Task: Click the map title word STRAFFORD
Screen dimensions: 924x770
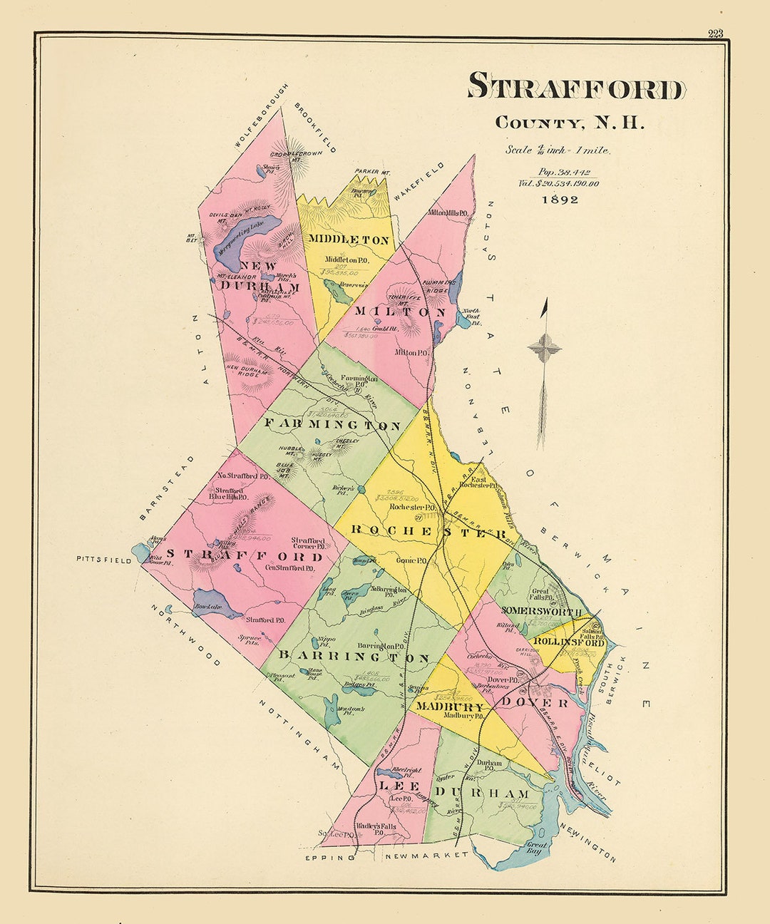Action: [576, 88]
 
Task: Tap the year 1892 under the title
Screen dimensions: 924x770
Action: [559, 200]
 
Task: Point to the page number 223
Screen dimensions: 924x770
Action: [715, 34]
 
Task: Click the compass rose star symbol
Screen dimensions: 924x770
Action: [544, 349]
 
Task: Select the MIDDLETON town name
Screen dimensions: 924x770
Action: [349, 240]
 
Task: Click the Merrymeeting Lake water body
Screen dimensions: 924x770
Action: [238, 237]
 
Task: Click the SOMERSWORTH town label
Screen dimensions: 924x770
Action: [543, 610]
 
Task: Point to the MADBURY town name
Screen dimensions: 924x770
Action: [451, 707]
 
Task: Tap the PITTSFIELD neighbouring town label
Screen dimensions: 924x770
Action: [104, 560]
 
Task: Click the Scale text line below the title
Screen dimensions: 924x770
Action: [558, 150]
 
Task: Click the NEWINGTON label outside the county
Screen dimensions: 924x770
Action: [587, 843]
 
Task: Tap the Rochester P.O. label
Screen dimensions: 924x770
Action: [412, 508]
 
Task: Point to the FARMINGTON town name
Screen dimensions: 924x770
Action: [332, 426]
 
